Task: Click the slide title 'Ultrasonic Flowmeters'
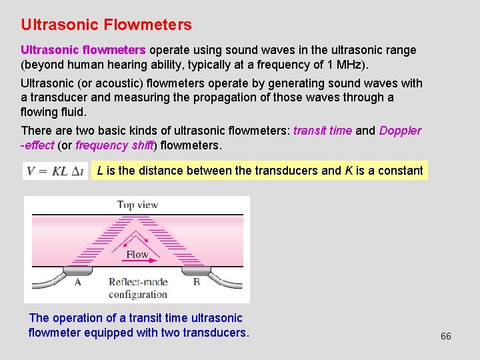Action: pyautogui.click(x=106, y=25)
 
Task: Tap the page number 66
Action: pyautogui.click(x=445, y=336)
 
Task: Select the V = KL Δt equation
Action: pyautogui.click(x=55, y=171)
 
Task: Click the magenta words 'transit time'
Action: pyautogui.click(x=322, y=131)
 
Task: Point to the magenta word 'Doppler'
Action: pyautogui.click(x=400, y=131)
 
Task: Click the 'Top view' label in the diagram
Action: pyautogui.click(x=137, y=205)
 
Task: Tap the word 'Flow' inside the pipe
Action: pyautogui.click(x=137, y=254)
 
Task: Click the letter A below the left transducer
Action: pyautogui.click(x=78, y=282)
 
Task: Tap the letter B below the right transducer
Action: pyautogui.click(x=196, y=282)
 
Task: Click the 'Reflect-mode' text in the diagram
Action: pyautogui.click(x=138, y=282)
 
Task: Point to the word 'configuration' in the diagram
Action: pyautogui.click(x=138, y=294)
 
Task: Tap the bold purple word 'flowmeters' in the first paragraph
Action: pyautogui.click(x=114, y=50)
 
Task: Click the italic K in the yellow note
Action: pyautogui.click(x=349, y=171)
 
